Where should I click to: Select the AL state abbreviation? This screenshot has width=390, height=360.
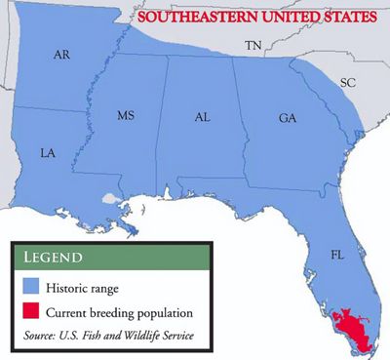[203, 116]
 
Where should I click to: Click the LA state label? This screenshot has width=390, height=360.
[47, 153]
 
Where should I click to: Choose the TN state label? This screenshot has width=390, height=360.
[253, 45]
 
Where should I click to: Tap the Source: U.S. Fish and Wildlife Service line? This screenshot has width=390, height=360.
[111, 336]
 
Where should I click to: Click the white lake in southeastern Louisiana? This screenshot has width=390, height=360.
[109, 198]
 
